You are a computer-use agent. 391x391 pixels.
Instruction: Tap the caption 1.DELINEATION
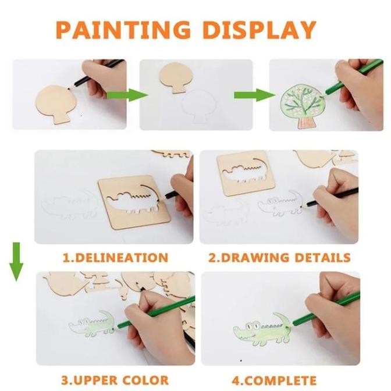(115, 257)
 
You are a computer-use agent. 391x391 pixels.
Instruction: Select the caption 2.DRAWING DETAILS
(279, 257)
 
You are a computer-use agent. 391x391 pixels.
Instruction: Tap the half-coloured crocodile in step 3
(93, 325)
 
